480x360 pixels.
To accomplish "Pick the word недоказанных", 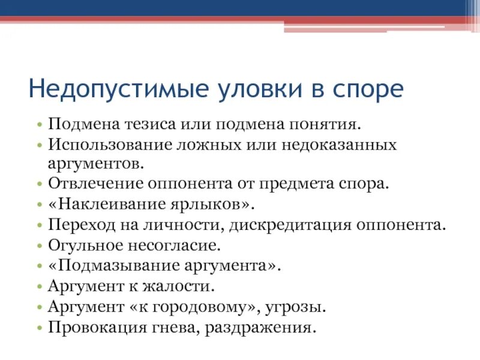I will pos(339,145).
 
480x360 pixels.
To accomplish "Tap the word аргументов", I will pos(97,163).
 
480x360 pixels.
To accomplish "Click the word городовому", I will pos(200,307).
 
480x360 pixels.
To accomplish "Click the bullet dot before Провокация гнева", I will pos(39,328).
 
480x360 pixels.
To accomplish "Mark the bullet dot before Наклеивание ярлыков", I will pos(39,204).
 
